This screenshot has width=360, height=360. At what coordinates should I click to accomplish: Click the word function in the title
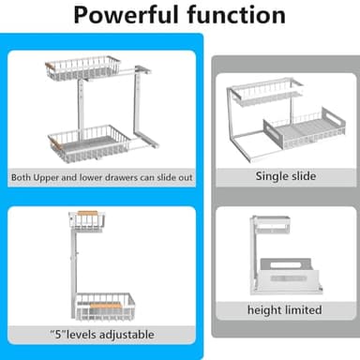(236, 15)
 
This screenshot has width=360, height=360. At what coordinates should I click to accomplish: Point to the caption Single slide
(286, 176)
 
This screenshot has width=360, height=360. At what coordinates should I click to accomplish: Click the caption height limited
(285, 310)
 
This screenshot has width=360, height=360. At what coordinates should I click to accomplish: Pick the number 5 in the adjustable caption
(58, 335)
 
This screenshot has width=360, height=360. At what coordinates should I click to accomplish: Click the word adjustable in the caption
(127, 335)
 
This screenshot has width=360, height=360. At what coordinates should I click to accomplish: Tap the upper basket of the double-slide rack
(82, 67)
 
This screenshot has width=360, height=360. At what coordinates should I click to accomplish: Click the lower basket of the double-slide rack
(89, 143)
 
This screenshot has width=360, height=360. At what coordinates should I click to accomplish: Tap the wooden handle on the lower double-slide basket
(56, 143)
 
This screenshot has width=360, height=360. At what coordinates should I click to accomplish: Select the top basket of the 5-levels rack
(87, 221)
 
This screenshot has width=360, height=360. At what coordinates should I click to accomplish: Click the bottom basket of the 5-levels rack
(105, 307)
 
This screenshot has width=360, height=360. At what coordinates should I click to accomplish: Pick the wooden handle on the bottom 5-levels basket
(106, 306)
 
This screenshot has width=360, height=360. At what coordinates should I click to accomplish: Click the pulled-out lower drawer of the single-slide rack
(305, 128)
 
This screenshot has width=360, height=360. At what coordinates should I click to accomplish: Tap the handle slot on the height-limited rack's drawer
(286, 265)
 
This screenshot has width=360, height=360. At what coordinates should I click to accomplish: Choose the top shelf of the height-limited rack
(271, 225)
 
